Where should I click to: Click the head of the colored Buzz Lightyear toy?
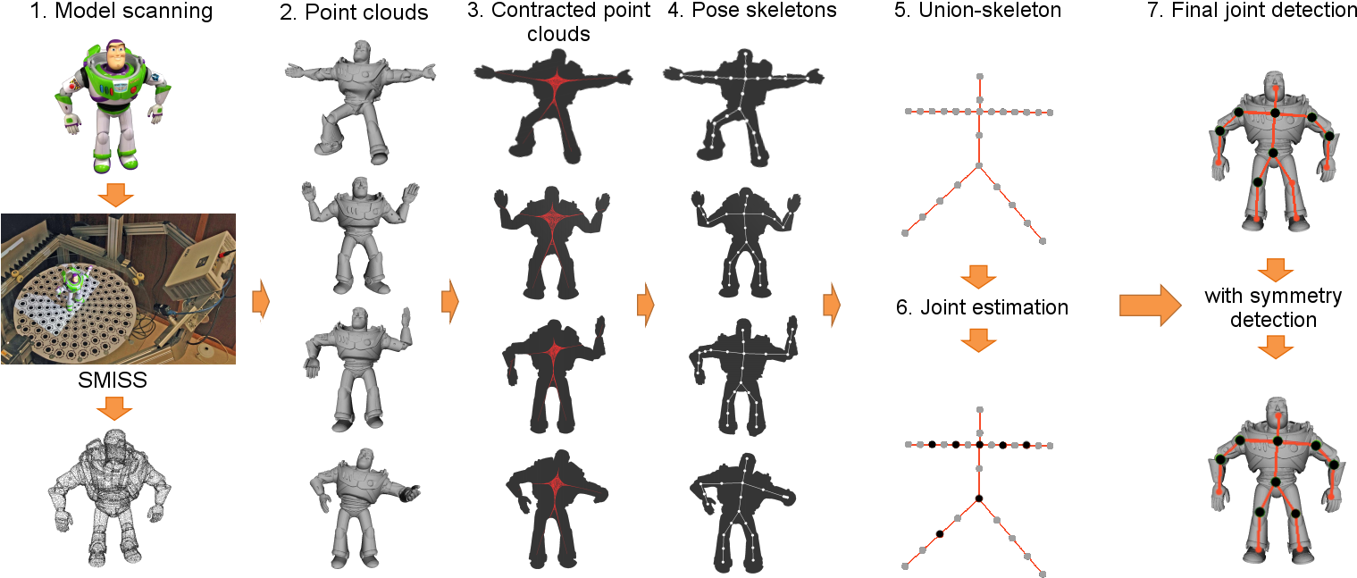(114, 57)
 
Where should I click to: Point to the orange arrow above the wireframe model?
(114, 408)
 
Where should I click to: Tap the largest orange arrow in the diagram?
(1150, 306)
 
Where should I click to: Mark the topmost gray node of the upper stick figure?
(979, 77)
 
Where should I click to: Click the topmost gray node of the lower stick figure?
(979, 410)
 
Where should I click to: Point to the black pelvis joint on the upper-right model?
(1273, 153)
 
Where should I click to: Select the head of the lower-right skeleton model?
(1277, 414)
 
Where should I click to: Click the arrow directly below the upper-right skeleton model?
(1275, 270)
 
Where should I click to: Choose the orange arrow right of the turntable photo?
(261, 300)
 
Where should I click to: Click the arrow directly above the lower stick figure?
(978, 339)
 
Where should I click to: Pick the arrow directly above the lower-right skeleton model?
(1275, 348)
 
